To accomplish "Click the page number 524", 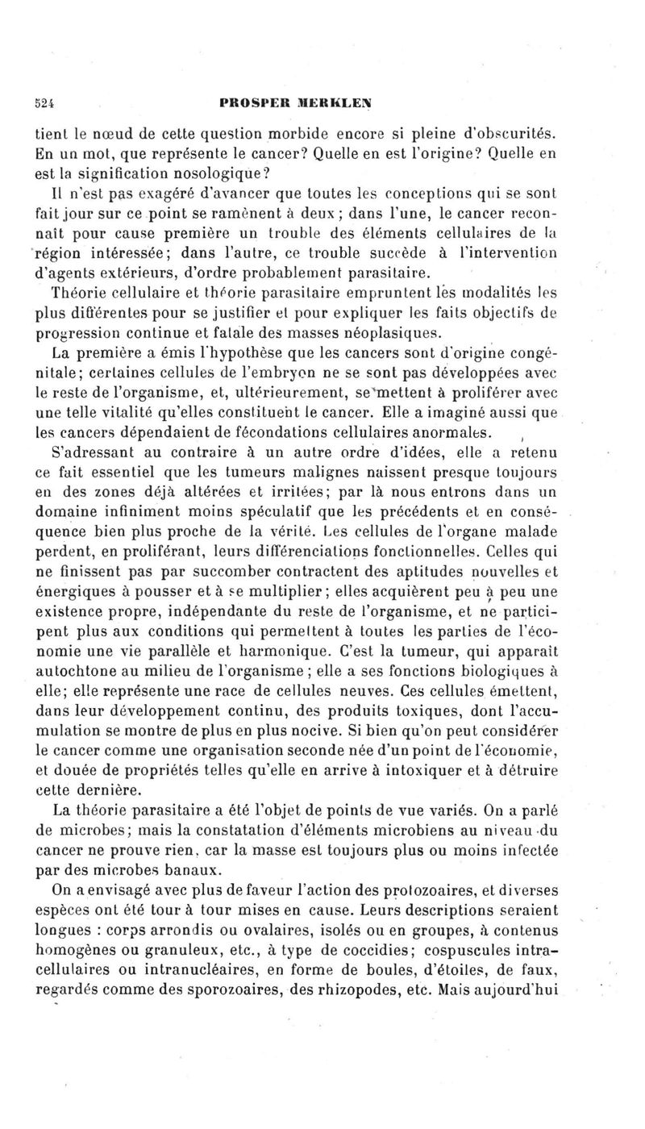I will (x=54, y=104).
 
